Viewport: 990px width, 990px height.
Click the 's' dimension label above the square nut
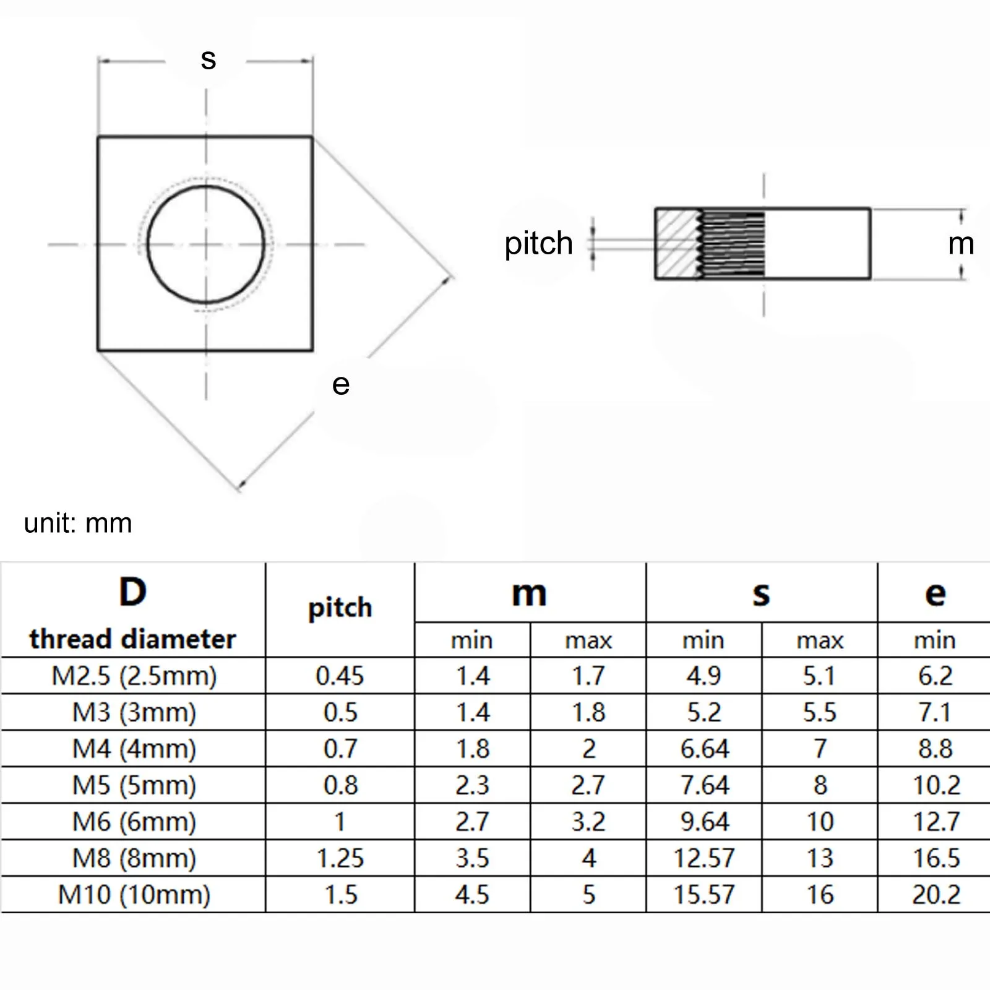(x=208, y=60)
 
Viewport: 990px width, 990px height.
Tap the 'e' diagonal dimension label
(x=340, y=385)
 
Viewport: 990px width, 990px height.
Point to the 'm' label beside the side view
(x=960, y=244)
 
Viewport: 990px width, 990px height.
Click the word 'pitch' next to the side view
(x=538, y=243)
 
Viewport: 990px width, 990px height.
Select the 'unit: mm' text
(x=78, y=523)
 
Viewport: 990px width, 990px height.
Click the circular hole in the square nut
(x=206, y=244)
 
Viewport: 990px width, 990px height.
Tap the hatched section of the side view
(x=677, y=244)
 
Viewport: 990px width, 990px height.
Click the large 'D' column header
(x=132, y=592)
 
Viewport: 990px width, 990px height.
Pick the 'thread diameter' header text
(x=132, y=639)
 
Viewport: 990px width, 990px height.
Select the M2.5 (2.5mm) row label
(x=134, y=676)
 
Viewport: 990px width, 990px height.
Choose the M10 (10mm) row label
(x=134, y=895)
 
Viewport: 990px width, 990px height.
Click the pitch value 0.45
(x=340, y=676)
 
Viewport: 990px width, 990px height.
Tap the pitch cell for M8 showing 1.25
(x=340, y=858)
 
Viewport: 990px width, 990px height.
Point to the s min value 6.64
(x=704, y=749)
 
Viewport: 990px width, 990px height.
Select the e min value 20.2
(x=936, y=895)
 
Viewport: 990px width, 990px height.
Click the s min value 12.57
(x=704, y=858)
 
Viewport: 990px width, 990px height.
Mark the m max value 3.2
(x=588, y=822)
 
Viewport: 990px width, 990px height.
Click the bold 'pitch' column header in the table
(x=340, y=608)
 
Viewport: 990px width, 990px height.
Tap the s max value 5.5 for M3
(x=819, y=712)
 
